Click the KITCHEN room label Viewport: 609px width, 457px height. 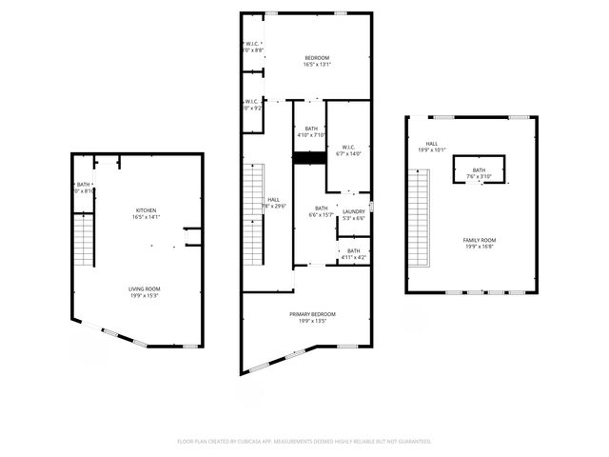(x=146, y=210)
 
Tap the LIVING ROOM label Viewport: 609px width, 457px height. (x=146, y=288)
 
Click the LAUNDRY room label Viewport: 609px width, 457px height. (x=354, y=211)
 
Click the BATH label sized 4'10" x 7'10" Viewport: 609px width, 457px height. (x=311, y=129)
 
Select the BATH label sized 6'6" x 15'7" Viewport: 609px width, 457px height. (x=322, y=208)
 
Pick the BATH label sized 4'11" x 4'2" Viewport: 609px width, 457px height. (x=354, y=250)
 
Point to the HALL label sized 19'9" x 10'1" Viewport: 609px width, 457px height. (x=432, y=144)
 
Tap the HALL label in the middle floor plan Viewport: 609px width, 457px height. (x=274, y=199)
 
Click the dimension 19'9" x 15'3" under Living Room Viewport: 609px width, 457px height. (x=146, y=295)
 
